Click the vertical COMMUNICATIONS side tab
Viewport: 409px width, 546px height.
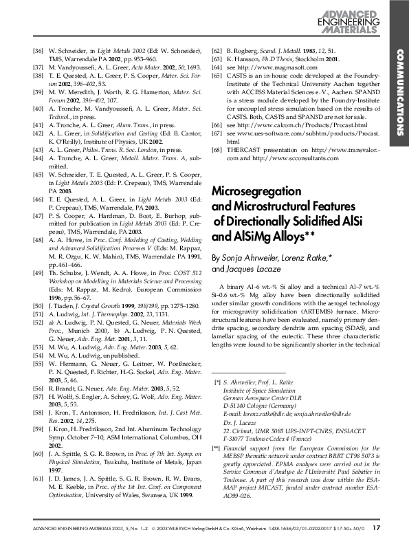pos(399,89)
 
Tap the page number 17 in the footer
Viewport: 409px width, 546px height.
pos(376,528)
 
